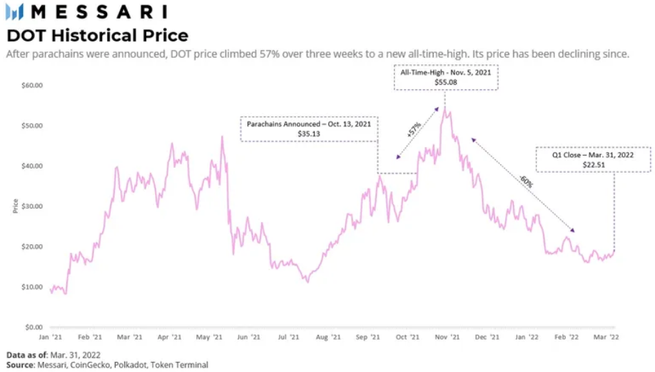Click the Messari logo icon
pyautogui.click(x=14, y=11)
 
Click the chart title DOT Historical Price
pyautogui.click(x=98, y=35)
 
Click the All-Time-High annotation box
pyautogui.click(x=445, y=78)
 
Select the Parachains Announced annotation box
pyautogui.click(x=309, y=128)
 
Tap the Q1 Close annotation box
pyautogui.click(x=594, y=159)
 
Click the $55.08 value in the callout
pyautogui.click(x=445, y=83)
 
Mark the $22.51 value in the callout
pyautogui.click(x=594, y=164)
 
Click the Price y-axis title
pyautogui.click(x=16, y=206)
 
